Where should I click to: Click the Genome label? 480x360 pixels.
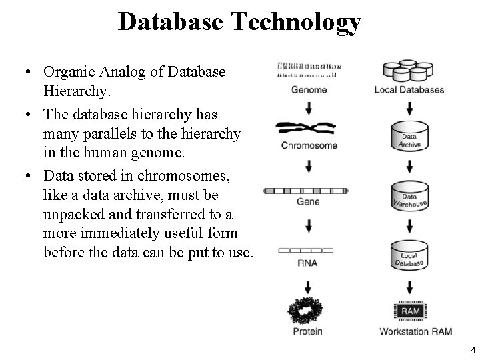pyautogui.click(x=309, y=90)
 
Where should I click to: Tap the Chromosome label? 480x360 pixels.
pyautogui.click(x=309, y=145)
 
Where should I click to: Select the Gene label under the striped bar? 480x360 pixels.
pyautogui.click(x=308, y=201)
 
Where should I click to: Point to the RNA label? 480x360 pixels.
pyautogui.click(x=308, y=263)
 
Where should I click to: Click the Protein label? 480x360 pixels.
pyautogui.click(x=308, y=331)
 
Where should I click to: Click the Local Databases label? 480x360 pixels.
pyautogui.click(x=409, y=90)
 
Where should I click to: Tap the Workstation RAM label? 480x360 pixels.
pyautogui.click(x=409, y=331)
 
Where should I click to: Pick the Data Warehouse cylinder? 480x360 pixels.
pyautogui.click(x=409, y=195)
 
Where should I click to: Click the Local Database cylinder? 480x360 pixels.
pyautogui.click(x=409, y=255)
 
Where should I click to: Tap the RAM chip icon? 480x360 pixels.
pyautogui.click(x=409, y=311)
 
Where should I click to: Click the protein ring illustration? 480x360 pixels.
pyautogui.click(x=308, y=309)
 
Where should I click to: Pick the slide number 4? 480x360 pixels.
pyautogui.click(x=473, y=349)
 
